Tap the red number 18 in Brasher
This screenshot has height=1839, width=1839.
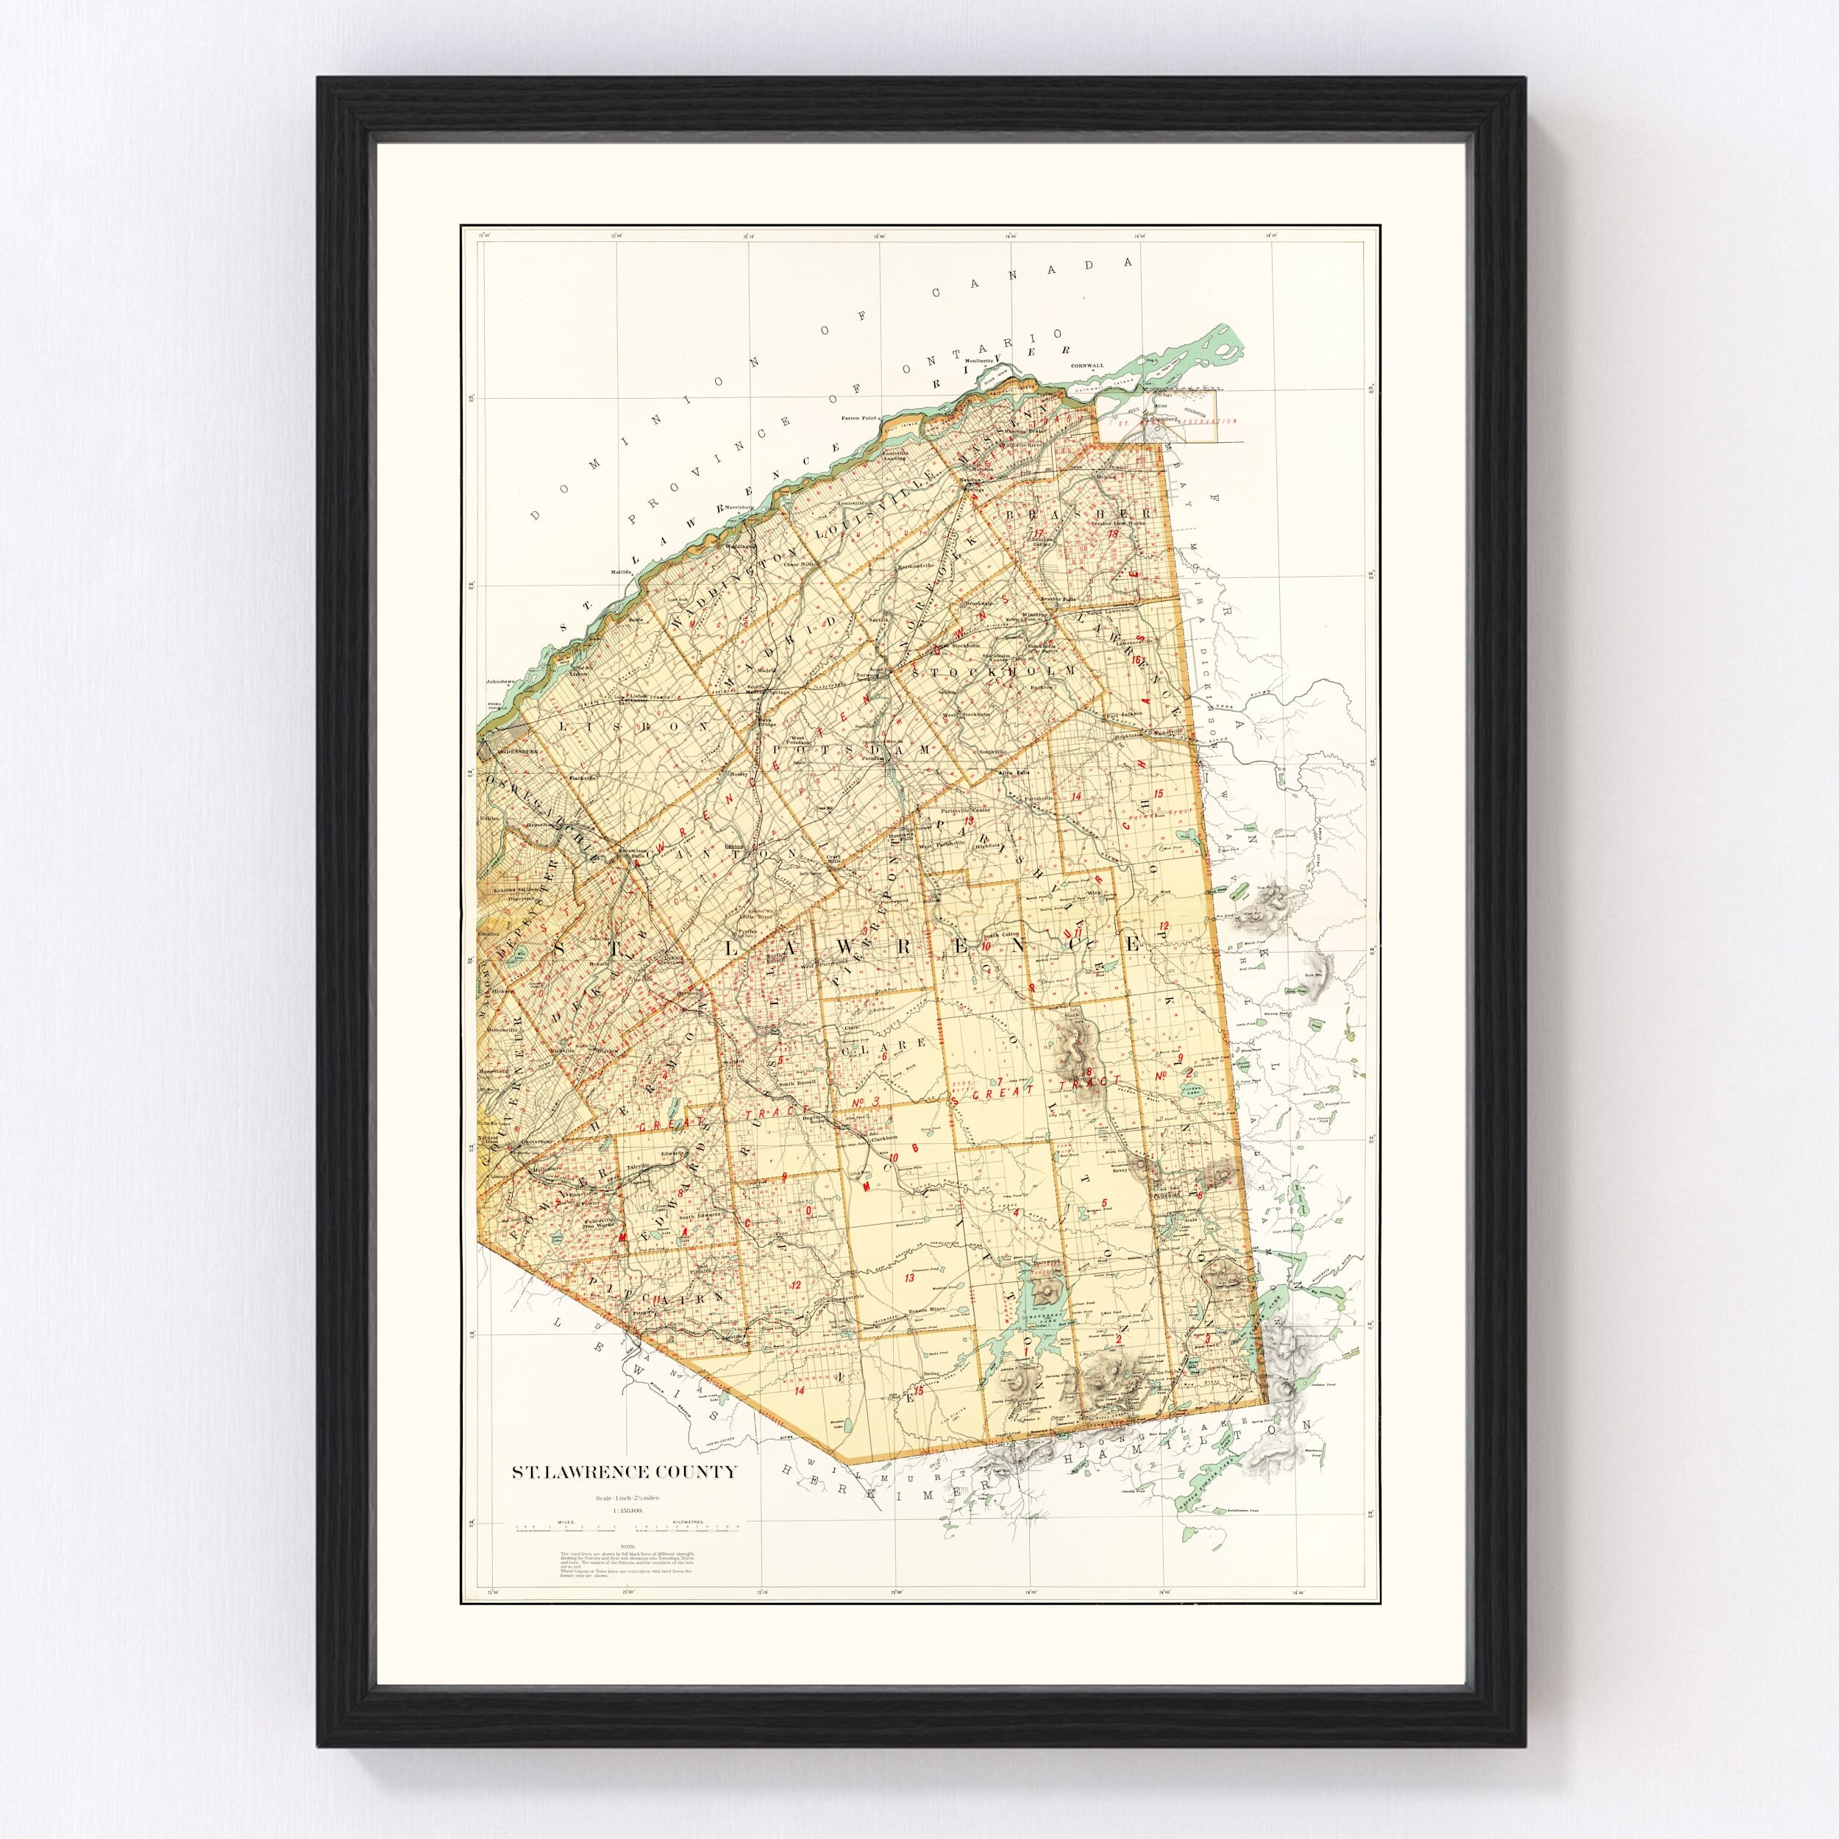point(1111,534)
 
